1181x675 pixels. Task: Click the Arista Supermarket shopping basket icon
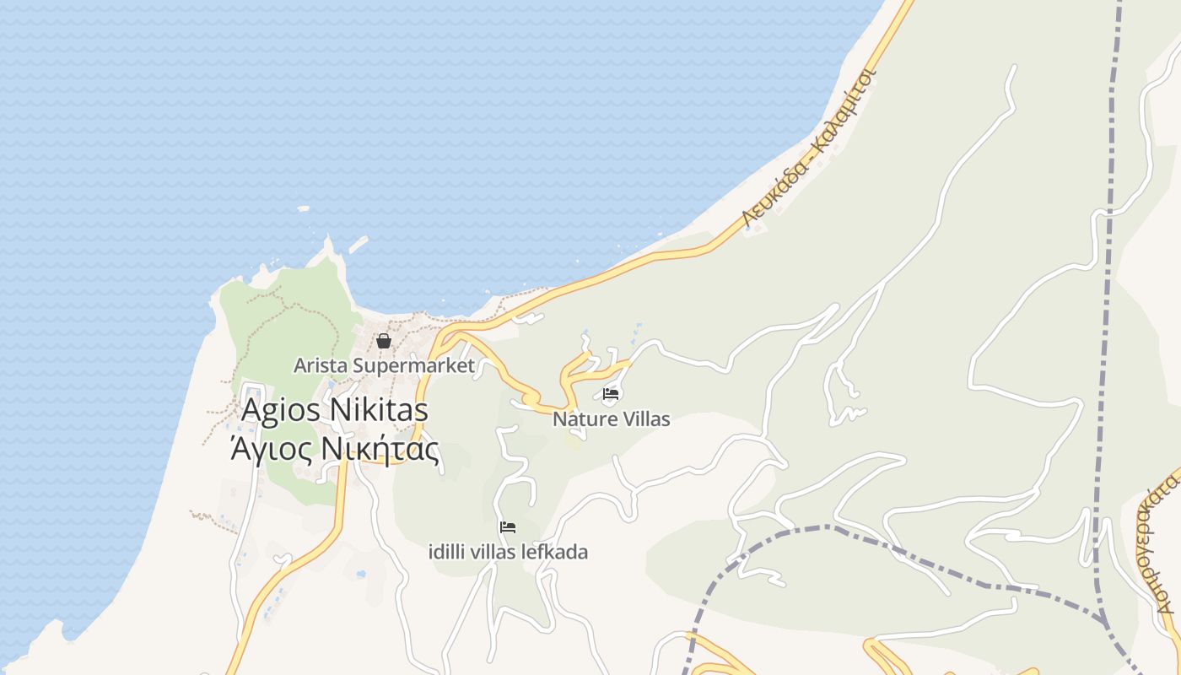pyautogui.click(x=384, y=341)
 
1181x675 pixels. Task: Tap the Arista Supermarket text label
pyautogui.click(x=384, y=365)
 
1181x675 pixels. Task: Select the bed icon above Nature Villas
pyautogui.click(x=611, y=394)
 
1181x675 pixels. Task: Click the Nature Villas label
pyautogui.click(x=611, y=418)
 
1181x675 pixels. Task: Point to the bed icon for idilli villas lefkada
pyautogui.click(x=507, y=527)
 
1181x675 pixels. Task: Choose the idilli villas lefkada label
pyautogui.click(x=508, y=552)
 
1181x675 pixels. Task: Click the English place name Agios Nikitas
pyautogui.click(x=335, y=411)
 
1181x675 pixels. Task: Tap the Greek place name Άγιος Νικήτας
pyautogui.click(x=335, y=449)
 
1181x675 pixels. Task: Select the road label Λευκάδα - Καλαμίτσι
pyautogui.click(x=810, y=149)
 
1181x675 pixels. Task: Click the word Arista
pyautogui.click(x=320, y=365)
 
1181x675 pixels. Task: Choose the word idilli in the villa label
pyautogui.click(x=446, y=552)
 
